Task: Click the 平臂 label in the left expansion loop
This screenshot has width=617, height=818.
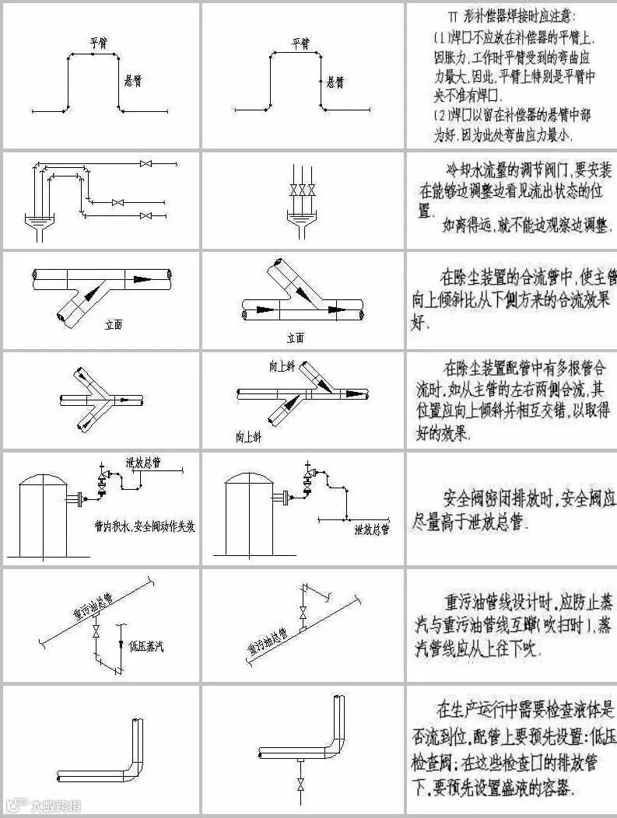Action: click(x=97, y=43)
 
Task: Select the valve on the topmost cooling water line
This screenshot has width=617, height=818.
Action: click(x=145, y=164)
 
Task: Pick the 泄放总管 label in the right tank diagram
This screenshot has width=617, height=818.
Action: click(x=371, y=530)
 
